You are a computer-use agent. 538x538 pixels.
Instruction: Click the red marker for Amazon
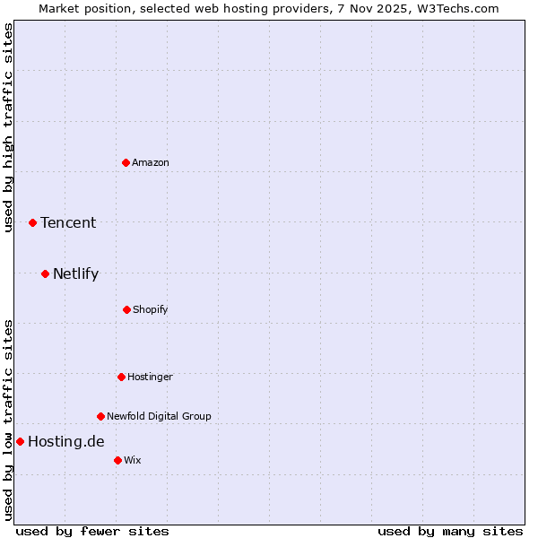(126, 162)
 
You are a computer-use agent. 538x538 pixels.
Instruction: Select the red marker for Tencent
(32, 222)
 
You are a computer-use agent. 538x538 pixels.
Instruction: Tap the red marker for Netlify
(45, 273)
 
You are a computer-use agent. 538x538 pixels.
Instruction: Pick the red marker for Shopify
(126, 309)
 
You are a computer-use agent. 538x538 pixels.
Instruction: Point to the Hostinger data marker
(121, 377)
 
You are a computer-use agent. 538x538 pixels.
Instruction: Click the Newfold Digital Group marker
(100, 416)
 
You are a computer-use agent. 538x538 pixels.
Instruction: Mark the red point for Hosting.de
(20, 441)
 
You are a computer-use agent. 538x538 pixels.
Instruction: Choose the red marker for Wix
(117, 460)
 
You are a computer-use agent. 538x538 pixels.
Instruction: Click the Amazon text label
(151, 162)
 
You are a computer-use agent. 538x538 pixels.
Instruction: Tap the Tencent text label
(68, 222)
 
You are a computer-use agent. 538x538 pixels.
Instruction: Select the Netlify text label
(75, 273)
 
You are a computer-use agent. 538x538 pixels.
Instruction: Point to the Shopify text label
(151, 309)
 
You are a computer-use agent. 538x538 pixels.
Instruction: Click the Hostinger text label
(150, 377)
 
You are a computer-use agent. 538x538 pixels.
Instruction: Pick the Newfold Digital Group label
(159, 416)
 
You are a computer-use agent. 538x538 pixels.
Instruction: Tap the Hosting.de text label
(65, 441)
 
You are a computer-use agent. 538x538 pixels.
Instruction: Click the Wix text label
(133, 460)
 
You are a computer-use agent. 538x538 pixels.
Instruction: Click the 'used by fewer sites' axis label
(92, 531)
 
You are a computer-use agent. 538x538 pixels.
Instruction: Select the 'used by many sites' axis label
(450, 531)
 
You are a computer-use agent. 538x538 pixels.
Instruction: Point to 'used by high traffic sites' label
(8, 127)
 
